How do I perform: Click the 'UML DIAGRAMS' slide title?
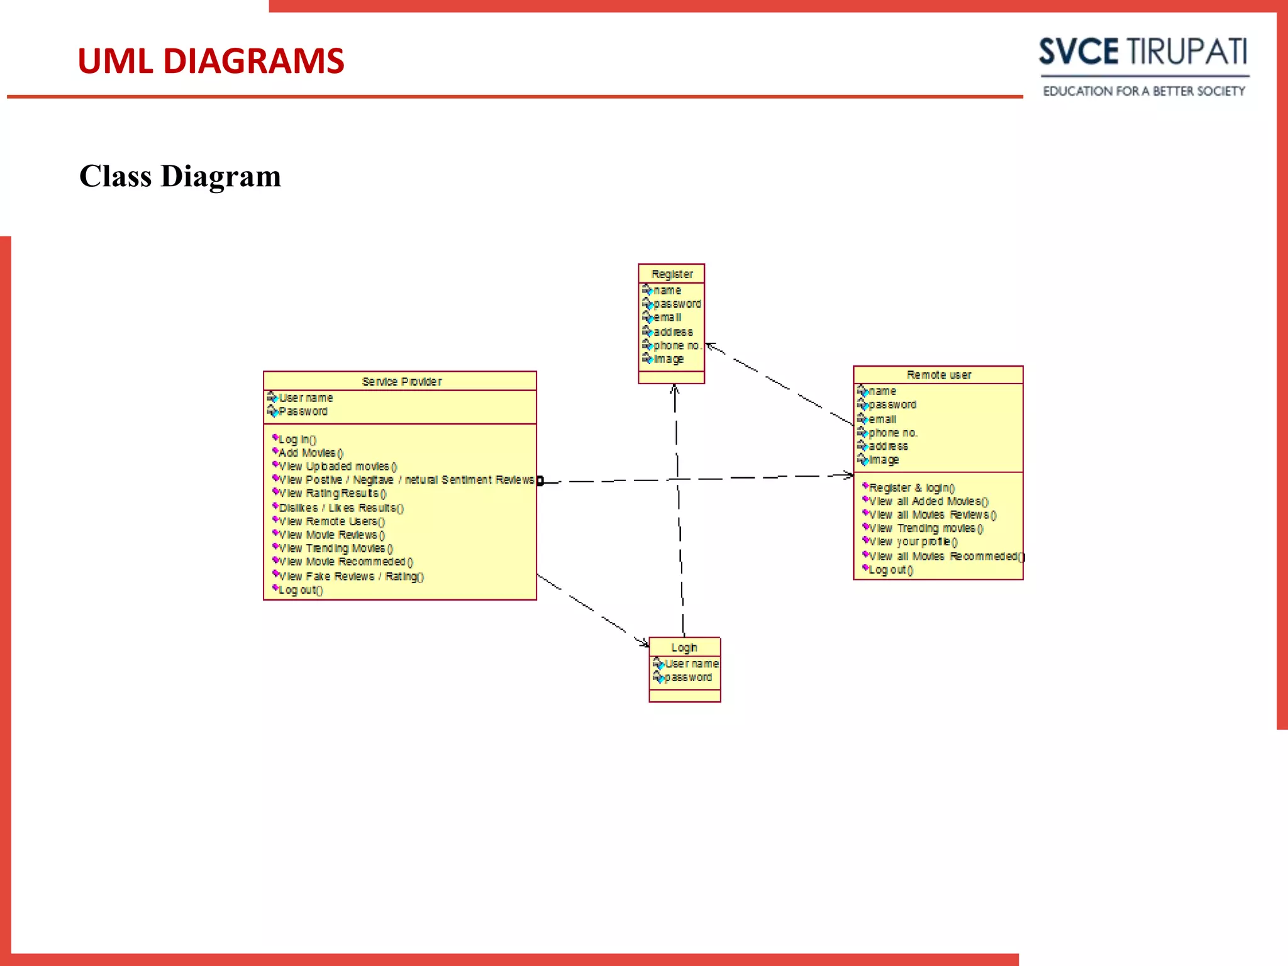211,61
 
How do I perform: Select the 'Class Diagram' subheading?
180,176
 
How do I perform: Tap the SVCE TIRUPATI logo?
1143,52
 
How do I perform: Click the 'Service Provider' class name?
401,382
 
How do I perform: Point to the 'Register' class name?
672,274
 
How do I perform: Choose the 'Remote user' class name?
938,375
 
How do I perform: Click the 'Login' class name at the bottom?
684,647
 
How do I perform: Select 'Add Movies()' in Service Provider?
311,453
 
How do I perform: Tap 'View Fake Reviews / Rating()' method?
351,576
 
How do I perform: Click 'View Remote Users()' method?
331,521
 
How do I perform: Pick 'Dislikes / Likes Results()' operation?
341,508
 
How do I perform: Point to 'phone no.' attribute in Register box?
676,345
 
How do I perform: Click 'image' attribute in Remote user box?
884,460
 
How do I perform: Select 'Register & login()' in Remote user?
911,487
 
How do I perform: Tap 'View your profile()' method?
913,541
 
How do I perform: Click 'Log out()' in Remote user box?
891,570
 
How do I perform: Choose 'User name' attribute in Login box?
691,663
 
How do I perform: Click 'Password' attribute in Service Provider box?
303,411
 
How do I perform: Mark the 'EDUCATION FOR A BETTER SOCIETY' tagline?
1143,91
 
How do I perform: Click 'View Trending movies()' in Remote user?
925,528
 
